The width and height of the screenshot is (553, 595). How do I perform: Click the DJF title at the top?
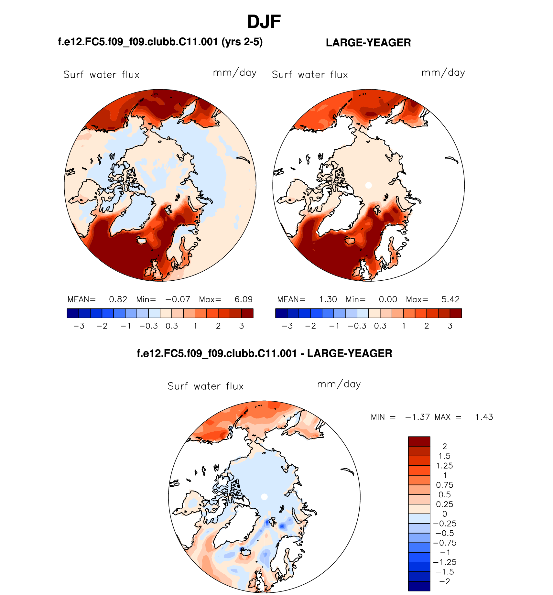(264, 22)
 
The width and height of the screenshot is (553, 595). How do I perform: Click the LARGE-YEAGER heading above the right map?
(368, 43)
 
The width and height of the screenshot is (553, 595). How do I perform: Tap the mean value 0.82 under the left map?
(118, 299)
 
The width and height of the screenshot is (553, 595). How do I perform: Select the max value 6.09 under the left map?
(244, 299)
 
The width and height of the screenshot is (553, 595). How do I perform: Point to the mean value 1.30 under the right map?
(328, 299)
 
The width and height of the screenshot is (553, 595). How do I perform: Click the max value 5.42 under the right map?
(450, 299)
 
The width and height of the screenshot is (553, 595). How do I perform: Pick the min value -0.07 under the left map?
(178, 299)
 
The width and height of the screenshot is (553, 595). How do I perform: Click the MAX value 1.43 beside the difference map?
(484, 417)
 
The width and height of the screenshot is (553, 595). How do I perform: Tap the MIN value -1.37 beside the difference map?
(417, 417)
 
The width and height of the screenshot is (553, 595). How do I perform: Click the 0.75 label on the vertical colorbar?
(445, 485)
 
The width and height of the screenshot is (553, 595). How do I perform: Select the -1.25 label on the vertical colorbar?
(445, 562)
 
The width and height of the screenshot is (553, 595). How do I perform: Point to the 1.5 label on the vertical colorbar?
(445, 456)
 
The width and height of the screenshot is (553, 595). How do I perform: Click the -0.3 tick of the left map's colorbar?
(149, 326)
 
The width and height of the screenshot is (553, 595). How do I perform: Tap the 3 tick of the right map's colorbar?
(450, 326)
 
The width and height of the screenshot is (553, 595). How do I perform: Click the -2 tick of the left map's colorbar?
(102, 326)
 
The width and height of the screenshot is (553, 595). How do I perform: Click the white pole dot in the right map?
(368, 185)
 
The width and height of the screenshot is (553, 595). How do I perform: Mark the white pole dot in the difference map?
(264, 497)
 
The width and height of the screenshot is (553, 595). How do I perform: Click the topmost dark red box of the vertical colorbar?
(419, 441)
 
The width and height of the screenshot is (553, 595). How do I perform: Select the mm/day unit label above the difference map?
(339, 384)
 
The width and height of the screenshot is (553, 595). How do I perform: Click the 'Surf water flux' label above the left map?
(102, 75)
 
